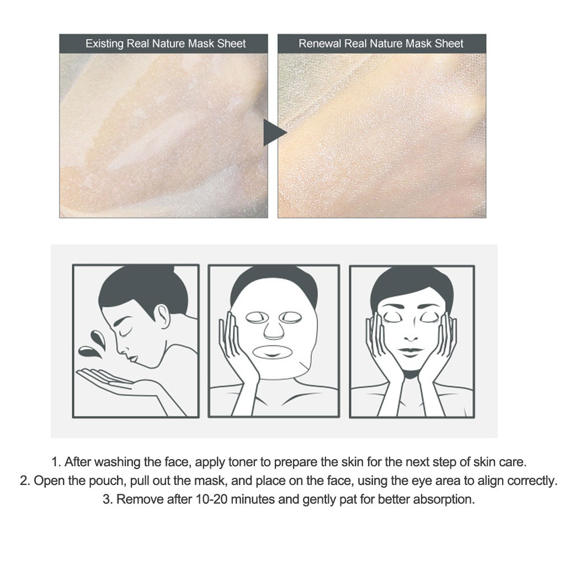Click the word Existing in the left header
104,44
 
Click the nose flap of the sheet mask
274,330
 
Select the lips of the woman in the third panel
410,351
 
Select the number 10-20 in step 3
212,499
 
